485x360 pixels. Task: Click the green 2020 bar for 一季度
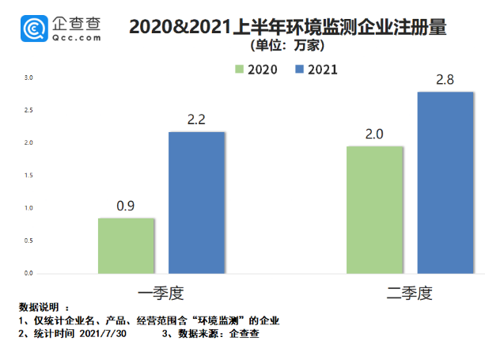pyautogui.click(x=126, y=245)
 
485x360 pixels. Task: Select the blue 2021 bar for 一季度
pyautogui.click(x=196, y=203)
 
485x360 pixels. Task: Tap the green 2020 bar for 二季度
pyautogui.click(x=375, y=210)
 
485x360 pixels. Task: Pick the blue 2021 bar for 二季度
pyautogui.click(x=445, y=182)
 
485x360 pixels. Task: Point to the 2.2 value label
pyautogui.click(x=196, y=119)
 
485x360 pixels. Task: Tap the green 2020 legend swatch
pyautogui.click(x=237, y=70)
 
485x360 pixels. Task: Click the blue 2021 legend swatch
pyautogui.click(x=299, y=70)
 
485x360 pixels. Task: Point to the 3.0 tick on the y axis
pyautogui.click(x=28, y=78)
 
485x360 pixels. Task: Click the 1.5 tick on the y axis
pyautogui.click(x=28, y=176)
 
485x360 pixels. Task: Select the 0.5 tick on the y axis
pyautogui.click(x=28, y=241)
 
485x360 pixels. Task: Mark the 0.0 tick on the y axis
pyautogui.click(x=28, y=273)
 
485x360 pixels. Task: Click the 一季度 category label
pyautogui.click(x=161, y=292)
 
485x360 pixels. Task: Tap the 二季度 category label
pyautogui.click(x=410, y=292)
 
